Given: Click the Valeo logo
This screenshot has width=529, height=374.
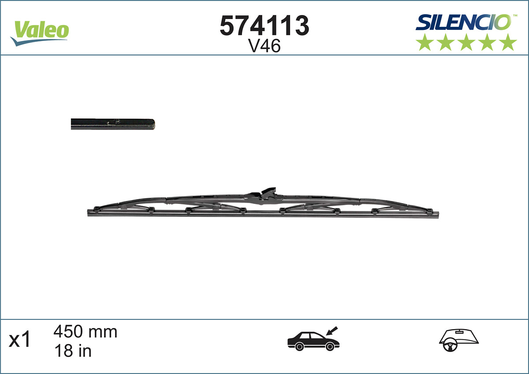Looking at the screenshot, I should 40,32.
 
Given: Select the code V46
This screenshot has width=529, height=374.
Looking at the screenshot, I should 264,46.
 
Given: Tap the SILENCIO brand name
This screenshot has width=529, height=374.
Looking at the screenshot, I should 463,22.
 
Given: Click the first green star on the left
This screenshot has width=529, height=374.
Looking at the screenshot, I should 425,42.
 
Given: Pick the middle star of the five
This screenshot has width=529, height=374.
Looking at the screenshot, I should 466,42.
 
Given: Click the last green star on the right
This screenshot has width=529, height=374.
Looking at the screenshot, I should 508,42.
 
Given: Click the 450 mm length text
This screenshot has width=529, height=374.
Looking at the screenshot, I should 85,332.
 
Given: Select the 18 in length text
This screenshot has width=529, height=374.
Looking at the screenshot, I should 72,351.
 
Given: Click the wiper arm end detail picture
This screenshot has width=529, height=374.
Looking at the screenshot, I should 113,124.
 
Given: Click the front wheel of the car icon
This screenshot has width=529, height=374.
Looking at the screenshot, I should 329,347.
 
